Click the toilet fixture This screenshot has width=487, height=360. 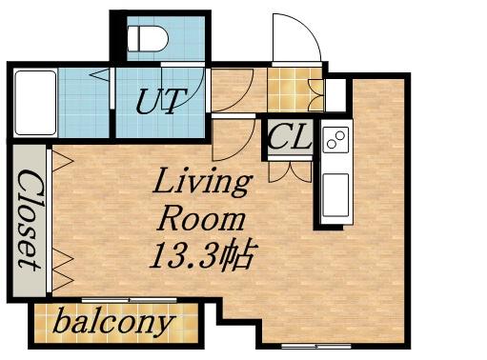[148, 38]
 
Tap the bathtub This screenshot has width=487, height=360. [35, 103]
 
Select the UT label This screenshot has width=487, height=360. [161, 101]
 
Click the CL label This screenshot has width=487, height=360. [289, 136]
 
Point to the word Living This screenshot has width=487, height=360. [202, 182]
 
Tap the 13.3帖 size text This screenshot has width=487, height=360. [202, 255]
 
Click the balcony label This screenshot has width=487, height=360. [113, 323]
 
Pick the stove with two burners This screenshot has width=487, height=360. [335, 139]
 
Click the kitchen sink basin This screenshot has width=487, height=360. [335, 195]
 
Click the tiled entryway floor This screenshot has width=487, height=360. [294, 90]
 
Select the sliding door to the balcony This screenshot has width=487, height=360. [129, 300]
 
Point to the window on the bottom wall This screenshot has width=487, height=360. [316, 346]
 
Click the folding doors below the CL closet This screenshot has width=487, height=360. [290, 171]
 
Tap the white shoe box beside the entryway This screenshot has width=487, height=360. [335, 95]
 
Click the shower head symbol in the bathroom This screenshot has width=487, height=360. [99, 74]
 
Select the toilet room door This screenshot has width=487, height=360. [183, 86]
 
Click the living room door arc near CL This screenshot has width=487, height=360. [233, 138]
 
